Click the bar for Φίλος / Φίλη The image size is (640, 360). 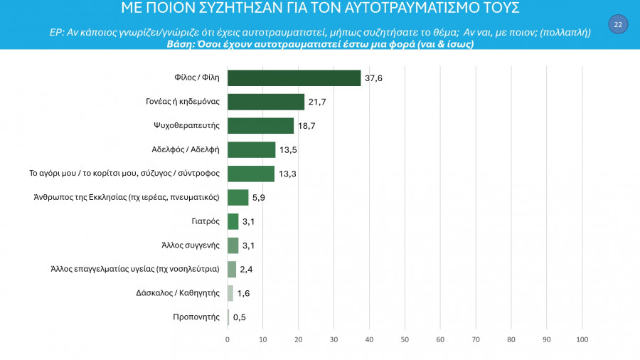click(294, 78)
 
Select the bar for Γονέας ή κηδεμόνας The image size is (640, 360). click(265, 102)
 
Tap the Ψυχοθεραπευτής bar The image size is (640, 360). click(260, 126)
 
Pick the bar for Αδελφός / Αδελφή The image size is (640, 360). click(251, 149)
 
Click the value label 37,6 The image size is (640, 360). click(374, 78)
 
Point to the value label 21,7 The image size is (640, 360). click(317, 102)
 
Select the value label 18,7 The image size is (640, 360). click(306, 126)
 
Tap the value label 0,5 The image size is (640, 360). click(240, 317)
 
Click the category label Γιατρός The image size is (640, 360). click(205, 221)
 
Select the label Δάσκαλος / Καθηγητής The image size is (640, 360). click(178, 293)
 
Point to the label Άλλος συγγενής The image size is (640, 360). click(191, 245)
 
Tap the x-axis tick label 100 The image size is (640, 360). click(582, 339)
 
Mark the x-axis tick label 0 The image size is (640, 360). click(228, 339)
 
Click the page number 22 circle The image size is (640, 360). click(617, 25)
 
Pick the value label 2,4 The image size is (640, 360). click(246, 270)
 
